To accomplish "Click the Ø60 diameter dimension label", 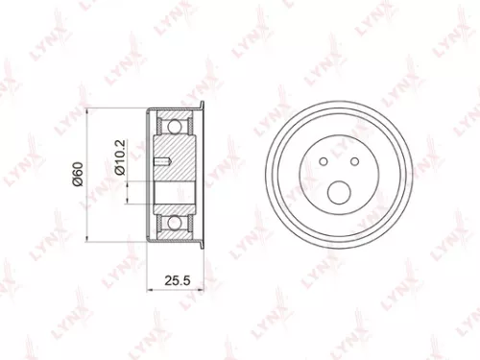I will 75,176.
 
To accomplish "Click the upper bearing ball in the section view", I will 175,125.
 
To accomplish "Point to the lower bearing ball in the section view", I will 175,223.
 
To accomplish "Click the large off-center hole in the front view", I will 339,192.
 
